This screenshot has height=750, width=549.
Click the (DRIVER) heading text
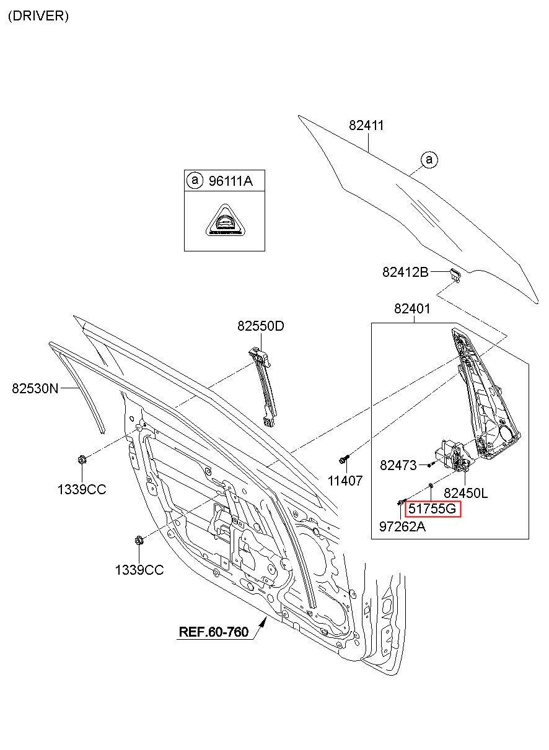pos(38,16)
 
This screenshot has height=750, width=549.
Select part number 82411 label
pos(366,125)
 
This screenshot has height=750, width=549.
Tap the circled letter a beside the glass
pos(429,160)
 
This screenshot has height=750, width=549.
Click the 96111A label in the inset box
pos(231,181)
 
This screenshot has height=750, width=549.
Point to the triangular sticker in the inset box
pos(225,220)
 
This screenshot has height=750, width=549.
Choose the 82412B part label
pos(405,273)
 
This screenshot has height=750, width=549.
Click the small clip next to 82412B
pos(455,274)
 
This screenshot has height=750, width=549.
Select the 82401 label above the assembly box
pos(412,308)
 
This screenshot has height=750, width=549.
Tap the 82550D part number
pos(261,326)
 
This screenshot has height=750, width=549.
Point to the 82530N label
pos(35,388)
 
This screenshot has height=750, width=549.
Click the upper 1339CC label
pos(82,489)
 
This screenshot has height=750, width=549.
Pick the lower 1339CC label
pos(139,570)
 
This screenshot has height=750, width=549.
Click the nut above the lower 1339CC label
pos(138,540)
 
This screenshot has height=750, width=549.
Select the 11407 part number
pos(345,481)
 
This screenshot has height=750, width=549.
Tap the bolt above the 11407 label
pos(344,459)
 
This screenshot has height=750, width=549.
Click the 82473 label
pos(398,465)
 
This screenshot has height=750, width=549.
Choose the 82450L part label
pos(466,493)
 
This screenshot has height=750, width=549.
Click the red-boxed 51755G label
pos(433,509)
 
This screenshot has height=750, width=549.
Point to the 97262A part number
pos(402,527)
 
